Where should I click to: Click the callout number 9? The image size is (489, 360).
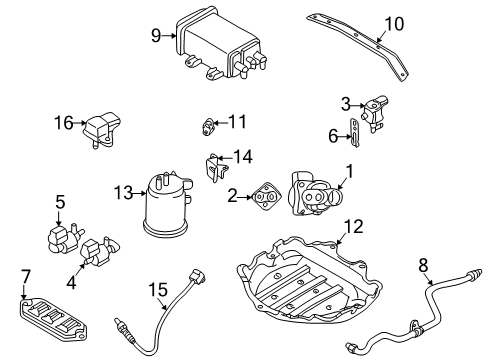pos(156,35)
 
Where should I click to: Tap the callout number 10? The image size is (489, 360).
pos(394,24)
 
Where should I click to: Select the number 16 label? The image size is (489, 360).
pos(63,123)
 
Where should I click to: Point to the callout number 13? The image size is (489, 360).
pos(123,193)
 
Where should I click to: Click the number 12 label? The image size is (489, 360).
pos(353,226)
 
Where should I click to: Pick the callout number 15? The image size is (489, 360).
pos(158,289)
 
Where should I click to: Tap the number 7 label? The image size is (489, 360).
pos(26,277)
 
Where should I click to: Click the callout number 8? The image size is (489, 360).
pos(423,266)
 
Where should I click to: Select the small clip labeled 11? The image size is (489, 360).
pos(207,127)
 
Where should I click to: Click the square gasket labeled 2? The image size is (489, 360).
pos(265,197)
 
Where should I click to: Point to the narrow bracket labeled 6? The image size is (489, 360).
pos(354,133)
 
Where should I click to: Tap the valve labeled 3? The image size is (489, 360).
pos(375,113)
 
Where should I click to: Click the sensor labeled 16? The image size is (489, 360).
pos(101,130)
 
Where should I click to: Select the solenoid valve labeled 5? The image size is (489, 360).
pos(63,238)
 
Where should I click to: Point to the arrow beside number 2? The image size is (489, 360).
pos(245,197)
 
